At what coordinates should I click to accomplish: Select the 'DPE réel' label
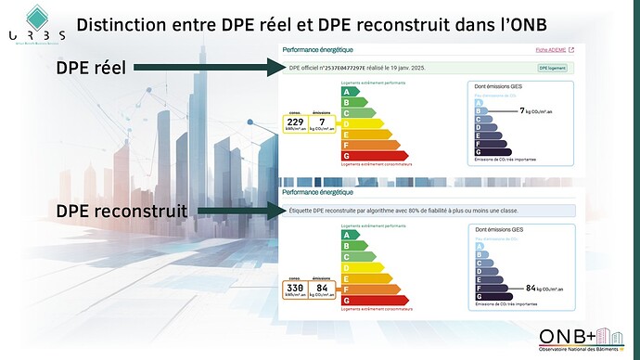point(90,67)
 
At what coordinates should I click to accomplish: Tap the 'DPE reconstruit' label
point(121,212)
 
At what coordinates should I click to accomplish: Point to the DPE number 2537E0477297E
point(345,68)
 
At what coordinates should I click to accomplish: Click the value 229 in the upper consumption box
point(295,122)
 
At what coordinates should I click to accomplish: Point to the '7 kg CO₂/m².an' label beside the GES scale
point(537,109)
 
